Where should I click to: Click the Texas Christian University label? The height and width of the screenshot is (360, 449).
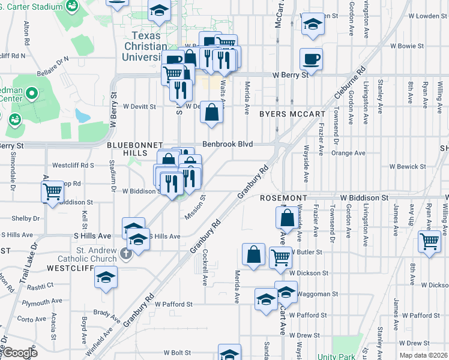144,46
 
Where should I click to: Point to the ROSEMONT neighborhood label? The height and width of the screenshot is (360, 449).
284,197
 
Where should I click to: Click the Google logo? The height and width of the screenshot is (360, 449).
19,353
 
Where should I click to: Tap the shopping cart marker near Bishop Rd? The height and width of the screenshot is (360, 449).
52,192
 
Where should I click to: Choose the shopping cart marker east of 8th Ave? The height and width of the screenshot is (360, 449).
429,242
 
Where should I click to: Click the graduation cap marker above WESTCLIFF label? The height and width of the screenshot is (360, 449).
106,277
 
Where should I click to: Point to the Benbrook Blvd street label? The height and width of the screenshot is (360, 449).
227,145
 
